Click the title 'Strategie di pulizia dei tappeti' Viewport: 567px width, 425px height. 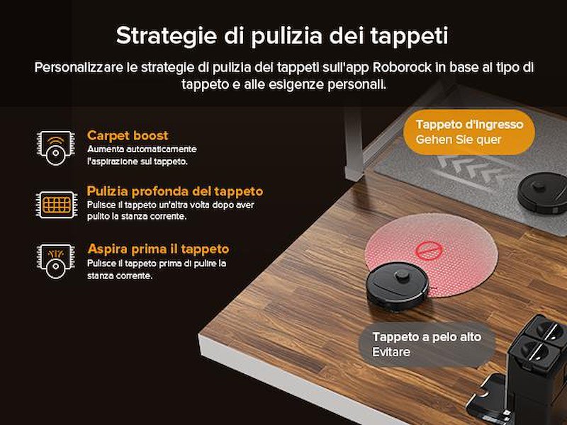click(282, 35)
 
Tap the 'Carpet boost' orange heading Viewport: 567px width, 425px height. click(128, 135)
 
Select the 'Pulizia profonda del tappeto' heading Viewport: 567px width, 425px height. click(174, 191)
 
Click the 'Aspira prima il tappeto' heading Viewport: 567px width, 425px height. click(158, 249)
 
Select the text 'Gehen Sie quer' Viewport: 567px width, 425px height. click(459, 140)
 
